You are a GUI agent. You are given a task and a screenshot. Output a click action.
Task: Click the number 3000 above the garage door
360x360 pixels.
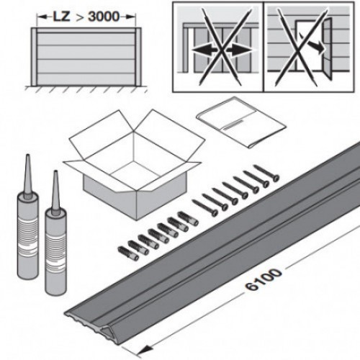coord(104,17)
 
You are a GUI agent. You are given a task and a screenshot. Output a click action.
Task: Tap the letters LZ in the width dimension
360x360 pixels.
coord(62,17)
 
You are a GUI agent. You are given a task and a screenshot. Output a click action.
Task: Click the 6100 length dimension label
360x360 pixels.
coord(264,279)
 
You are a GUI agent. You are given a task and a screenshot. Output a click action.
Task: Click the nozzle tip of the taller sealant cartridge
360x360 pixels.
coord(28,156)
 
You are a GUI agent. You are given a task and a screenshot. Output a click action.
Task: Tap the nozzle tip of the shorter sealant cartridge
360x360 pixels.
coord(55,172)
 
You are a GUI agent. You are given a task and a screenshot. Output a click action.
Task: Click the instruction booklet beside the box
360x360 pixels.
coord(241,122)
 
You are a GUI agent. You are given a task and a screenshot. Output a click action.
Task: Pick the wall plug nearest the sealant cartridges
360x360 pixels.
coord(128,253)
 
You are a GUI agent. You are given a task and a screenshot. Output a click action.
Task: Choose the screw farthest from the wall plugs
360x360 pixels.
coord(267,173)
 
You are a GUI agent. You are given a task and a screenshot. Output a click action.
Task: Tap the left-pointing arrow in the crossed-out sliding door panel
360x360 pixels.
coord(204,50)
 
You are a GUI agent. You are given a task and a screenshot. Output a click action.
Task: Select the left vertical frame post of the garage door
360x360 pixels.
coord(34,57)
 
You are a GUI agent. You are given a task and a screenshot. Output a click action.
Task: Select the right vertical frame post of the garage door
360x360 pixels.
coord(138,57)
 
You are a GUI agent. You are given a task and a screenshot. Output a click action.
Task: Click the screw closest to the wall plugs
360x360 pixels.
coord(205,207)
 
